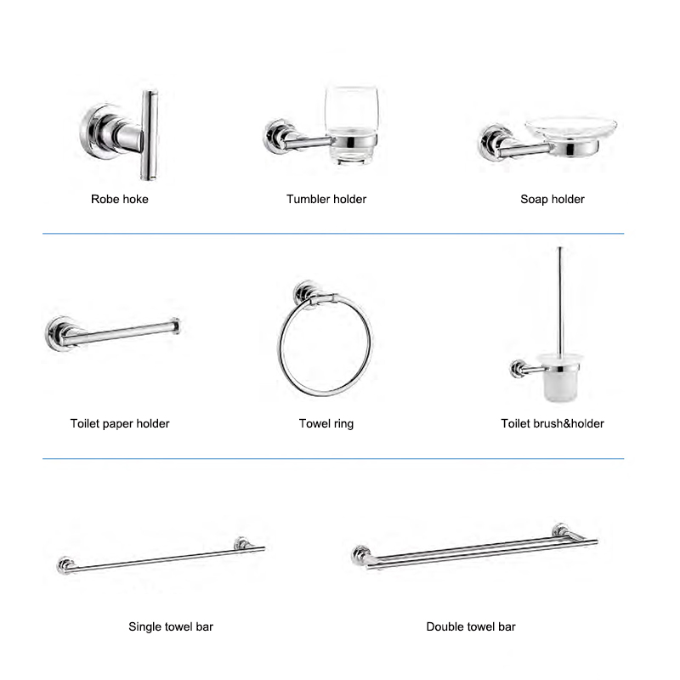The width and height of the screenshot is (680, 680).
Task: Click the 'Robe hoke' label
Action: coord(120,199)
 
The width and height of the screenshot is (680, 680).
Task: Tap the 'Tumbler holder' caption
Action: coord(326,199)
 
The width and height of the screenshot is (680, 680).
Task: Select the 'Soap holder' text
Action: coord(552,199)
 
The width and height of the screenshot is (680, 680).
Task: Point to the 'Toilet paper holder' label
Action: coord(120,423)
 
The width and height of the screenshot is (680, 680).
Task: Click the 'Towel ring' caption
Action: coord(326,423)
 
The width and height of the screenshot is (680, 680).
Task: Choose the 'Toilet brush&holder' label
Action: coord(552,423)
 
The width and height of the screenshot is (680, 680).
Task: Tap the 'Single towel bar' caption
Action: coord(171,626)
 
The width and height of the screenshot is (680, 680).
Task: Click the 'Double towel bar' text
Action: coord(471,626)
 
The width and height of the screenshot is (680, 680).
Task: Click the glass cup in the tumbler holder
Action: coord(351,125)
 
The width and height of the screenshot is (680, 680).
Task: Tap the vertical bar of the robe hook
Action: coord(150,135)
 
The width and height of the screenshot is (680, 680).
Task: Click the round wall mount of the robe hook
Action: coord(99,131)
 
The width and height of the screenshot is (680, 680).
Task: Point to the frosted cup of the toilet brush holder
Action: coord(559,377)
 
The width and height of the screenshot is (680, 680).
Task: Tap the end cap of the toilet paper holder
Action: coord(175,326)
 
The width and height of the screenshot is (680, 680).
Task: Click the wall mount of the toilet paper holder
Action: coord(59,333)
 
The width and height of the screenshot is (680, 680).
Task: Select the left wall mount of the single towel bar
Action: coord(65,565)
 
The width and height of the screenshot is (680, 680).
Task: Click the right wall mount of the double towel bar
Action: coord(560,530)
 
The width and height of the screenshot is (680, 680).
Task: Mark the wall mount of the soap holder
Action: coord(493,143)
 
